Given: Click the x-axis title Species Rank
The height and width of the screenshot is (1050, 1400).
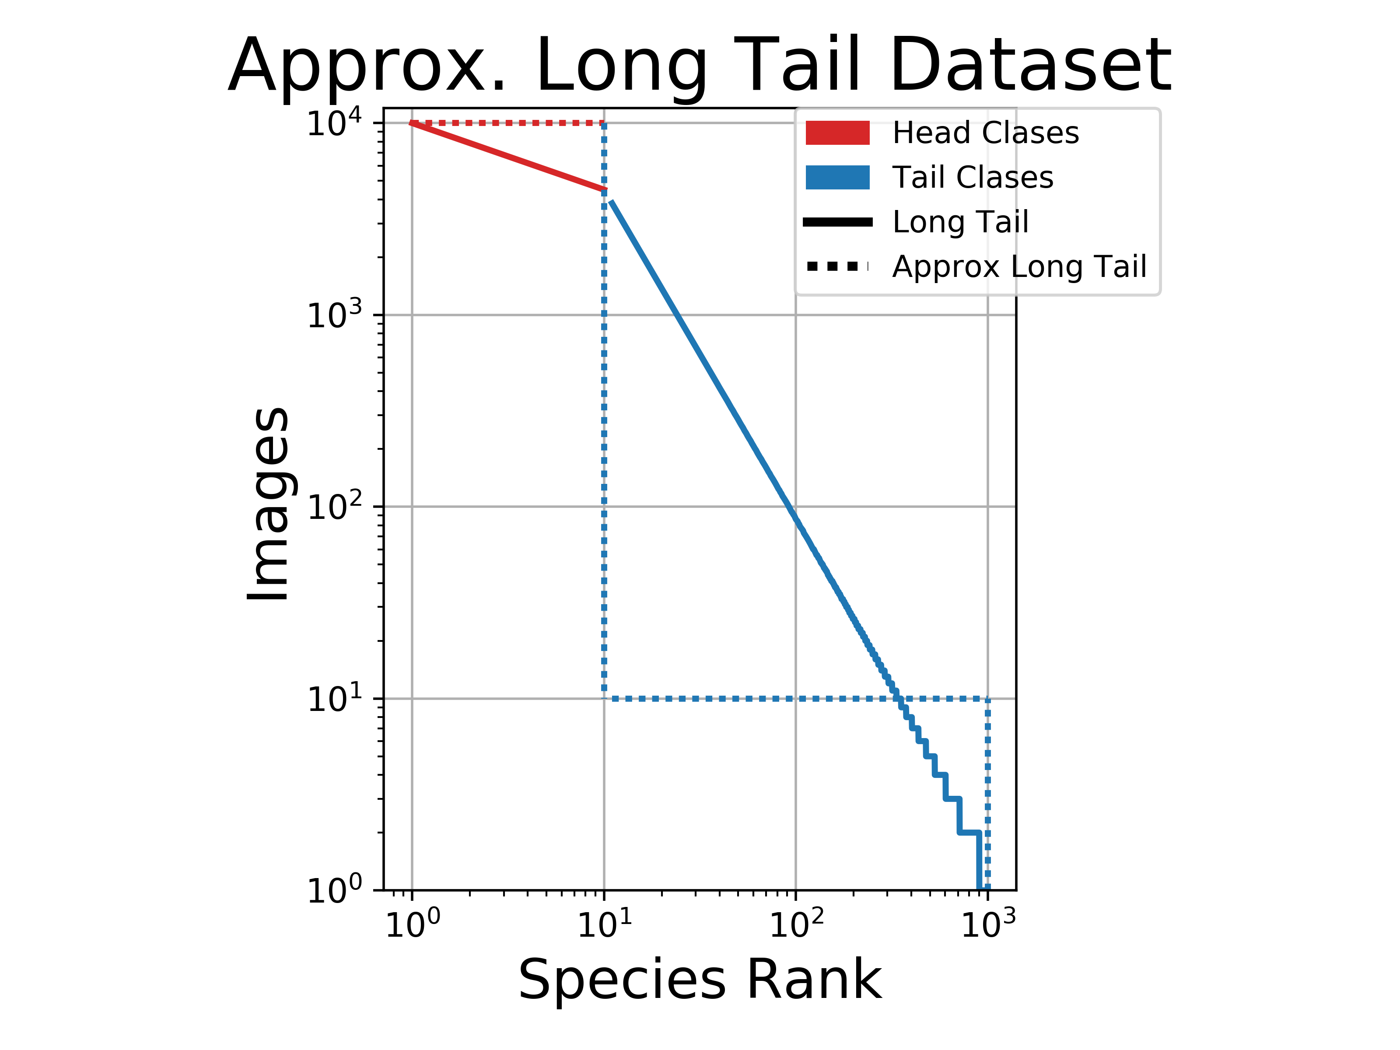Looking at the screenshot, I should click(700, 980).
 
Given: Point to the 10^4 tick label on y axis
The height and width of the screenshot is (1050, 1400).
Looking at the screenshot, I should click(334, 123).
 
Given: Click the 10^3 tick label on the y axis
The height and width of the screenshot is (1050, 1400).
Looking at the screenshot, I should click(334, 315).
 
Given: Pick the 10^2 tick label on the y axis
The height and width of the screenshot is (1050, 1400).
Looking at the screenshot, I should click(334, 506).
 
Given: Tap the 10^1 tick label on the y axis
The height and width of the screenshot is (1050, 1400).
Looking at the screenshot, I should click(334, 699).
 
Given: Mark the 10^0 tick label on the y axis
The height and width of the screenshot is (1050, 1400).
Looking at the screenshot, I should click(334, 890).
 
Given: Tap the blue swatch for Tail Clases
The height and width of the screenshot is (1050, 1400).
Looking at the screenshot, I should click(837, 177).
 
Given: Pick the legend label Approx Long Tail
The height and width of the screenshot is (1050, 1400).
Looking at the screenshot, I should click(1019, 266).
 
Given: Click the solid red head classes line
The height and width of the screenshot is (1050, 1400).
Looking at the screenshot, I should click(506, 156).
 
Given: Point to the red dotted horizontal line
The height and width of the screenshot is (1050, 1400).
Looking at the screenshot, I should click(506, 123).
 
